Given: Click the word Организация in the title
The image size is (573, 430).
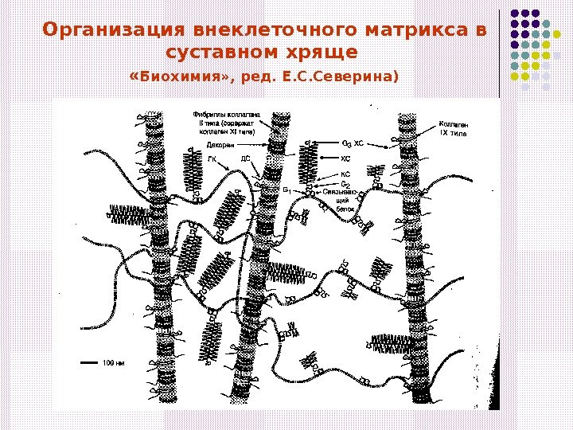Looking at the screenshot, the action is pos(116,31).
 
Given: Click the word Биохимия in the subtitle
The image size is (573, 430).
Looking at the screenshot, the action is pos(184,76).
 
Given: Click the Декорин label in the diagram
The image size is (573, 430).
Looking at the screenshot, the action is pos(203,146).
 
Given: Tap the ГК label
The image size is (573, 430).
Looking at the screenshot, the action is pos(212,158).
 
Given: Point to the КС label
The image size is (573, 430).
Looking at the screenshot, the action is pos(345,173).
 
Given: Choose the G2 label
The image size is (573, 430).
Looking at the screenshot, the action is pos(345,183).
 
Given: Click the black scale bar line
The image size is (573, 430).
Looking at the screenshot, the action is pos(88,362).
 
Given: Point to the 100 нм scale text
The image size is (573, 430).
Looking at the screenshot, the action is pos(114,362).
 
